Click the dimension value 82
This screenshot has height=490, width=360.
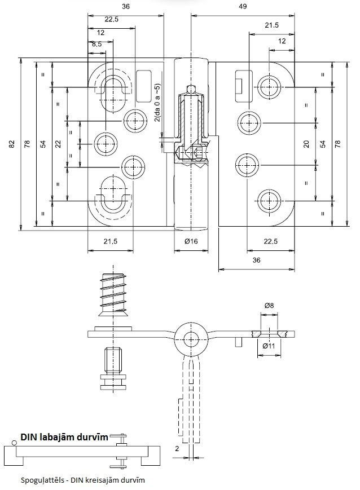pos(12,144)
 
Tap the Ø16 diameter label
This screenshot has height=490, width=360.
pos(191,241)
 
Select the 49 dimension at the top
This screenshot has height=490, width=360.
pos(243,6)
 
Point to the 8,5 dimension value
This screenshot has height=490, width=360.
pos(96,44)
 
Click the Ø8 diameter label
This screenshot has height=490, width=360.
pos(269,305)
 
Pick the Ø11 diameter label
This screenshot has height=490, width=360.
pos(269,346)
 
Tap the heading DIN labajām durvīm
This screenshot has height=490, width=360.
pos(64,436)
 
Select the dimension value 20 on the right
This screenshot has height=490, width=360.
pos(306,144)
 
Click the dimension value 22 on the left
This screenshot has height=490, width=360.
pos(58,144)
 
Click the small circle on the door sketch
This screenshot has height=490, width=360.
pos(14,443)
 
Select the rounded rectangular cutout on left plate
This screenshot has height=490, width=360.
pos(144,86)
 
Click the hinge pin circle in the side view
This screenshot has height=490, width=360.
pos(191,339)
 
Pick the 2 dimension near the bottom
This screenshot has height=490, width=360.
pos(177,448)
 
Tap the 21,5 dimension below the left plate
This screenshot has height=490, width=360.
pos(111,241)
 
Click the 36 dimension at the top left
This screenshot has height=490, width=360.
pos(125,6)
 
